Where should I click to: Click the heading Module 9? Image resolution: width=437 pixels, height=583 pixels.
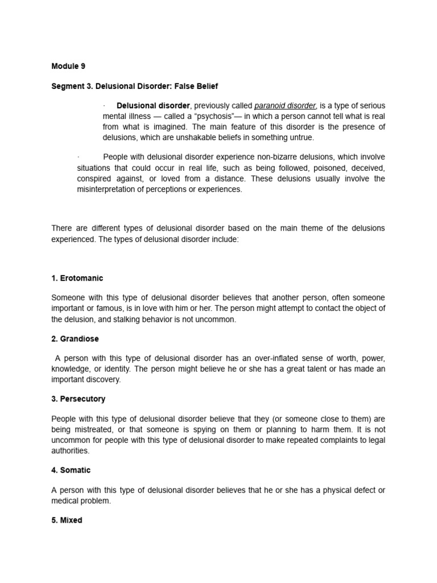pyautogui.click(x=68, y=66)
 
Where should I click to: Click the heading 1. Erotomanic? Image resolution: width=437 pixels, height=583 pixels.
pyautogui.click(x=77, y=278)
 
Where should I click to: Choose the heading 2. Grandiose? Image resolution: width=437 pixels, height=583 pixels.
pyautogui.click(x=75, y=339)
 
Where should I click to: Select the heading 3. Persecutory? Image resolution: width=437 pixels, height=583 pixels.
pyautogui.click(x=79, y=399)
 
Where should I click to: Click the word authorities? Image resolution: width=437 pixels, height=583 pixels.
pyautogui.click(x=71, y=450)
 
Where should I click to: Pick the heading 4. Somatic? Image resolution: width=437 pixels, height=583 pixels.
pyautogui.click(x=71, y=470)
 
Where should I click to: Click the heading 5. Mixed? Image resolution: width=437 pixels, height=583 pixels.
pyautogui.click(x=67, y=520)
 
